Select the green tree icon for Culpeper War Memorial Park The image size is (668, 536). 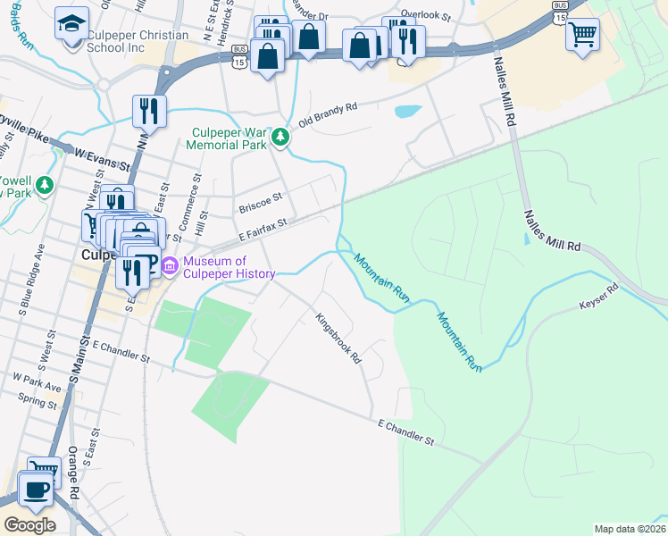(x=281, y=137)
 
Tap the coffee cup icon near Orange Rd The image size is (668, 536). (x=36, y=490)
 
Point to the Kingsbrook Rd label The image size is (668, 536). (x=338, y=338)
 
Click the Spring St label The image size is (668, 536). (x=37, y=403)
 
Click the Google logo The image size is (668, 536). (x=29, y=525)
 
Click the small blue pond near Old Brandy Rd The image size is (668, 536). (x=407, y=113)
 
